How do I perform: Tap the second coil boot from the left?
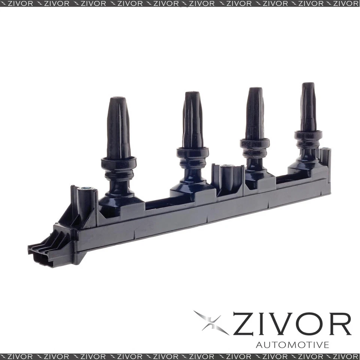click(193, 120)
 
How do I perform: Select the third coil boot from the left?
click(255, 112)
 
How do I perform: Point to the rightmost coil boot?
click(308, 107)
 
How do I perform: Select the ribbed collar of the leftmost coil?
click(118, 169)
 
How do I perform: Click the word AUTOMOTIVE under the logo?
click(292, 344)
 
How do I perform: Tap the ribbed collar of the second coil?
click(193, 157)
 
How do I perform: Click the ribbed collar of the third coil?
click(255, 148)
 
